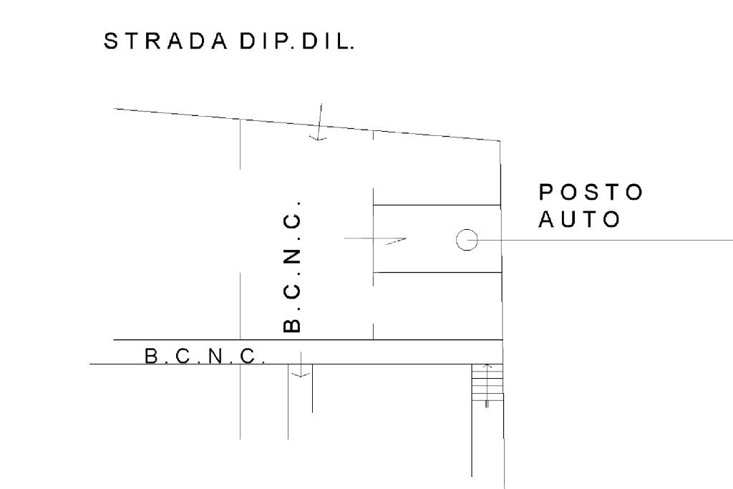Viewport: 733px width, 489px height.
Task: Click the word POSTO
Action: [591, 193]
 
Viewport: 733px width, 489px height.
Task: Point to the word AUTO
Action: [579, 219]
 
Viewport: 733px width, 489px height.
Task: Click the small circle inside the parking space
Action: [467, 240]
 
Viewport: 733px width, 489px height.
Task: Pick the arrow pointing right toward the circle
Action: [376, 239]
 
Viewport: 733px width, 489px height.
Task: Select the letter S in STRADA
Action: [112, 43]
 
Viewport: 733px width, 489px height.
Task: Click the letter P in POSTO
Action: [547, 193]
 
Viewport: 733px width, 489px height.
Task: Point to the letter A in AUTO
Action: [548, 219]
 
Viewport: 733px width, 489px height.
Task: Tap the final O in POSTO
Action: [634, 193]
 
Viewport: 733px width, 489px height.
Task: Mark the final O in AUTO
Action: [611, 219]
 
